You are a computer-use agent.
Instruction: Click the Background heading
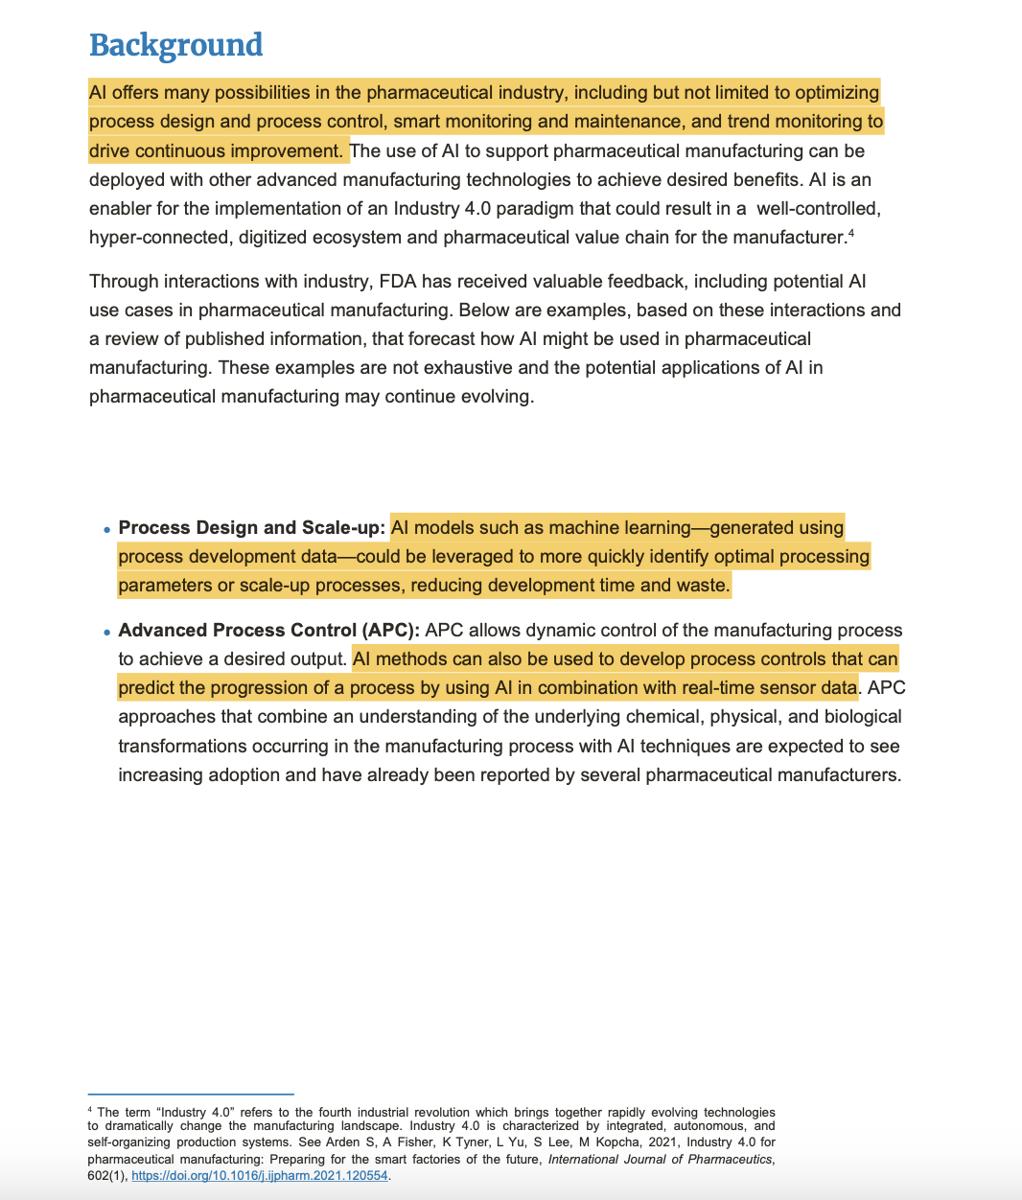tap(175, 45)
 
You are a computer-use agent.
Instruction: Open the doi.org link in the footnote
tap(259, 1176)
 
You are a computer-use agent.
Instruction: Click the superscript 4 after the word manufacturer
tap(851, 232)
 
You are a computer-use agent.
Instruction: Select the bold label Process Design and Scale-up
tap(251, 528)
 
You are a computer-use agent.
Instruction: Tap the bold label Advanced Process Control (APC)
tap(268, 631)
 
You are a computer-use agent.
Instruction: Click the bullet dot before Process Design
tap(106, 530)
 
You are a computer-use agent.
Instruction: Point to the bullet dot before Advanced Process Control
tap(106, 633)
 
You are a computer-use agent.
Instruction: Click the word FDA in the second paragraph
tap(398, 282)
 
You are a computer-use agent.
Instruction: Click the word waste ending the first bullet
tap(705, 586)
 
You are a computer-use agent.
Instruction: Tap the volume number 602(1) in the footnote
tap(106, 1176)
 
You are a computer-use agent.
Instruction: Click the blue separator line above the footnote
tap(191, 1094)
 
